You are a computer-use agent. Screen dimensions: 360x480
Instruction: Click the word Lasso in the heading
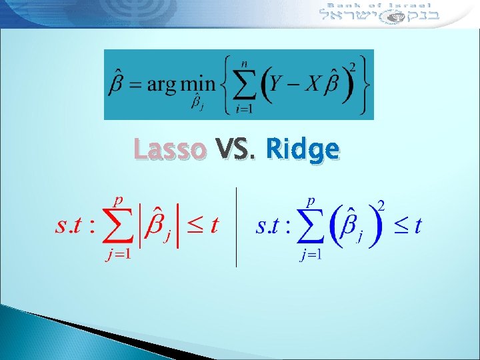[169, 149]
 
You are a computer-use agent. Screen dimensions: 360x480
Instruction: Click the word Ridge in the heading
[301, 149]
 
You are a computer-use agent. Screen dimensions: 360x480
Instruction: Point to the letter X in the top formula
[316, 84]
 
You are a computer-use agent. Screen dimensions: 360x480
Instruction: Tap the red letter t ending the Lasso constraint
[214, 226]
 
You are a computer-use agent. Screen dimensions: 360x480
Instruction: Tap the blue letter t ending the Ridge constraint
[417, 226]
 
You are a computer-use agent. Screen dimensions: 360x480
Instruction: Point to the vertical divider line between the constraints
[237, 227]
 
